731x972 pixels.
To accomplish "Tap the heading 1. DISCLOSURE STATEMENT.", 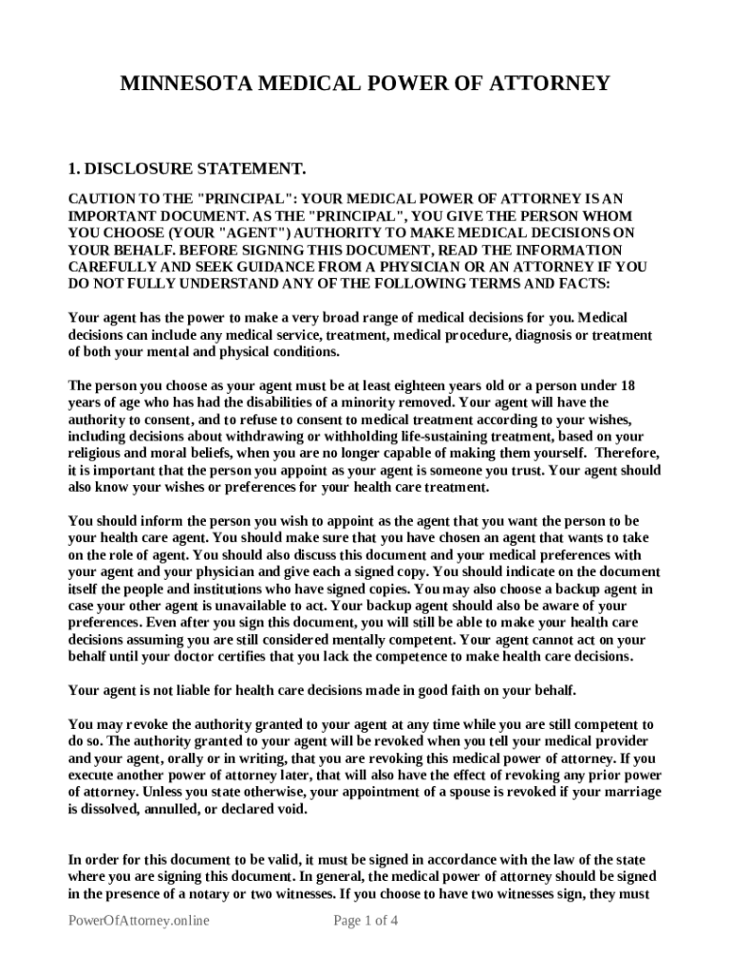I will point(187,170).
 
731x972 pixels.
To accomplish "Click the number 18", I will point(627,386).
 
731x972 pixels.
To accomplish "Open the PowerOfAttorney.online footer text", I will point(139,921).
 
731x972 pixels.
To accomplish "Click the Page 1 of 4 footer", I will point(365,921).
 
